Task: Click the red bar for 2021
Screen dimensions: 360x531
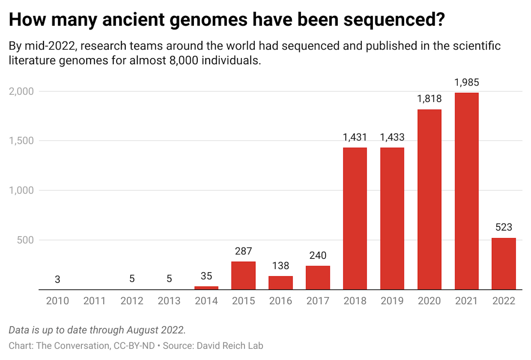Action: [467, 191]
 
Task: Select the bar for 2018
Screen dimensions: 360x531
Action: [355, 219]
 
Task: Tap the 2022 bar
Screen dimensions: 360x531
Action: [504, 264]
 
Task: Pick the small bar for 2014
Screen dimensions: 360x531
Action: [206, 288]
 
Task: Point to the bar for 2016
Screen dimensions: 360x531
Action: [280, 283]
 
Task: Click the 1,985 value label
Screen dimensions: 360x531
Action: [467, 82]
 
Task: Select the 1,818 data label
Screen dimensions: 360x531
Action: [429, 99]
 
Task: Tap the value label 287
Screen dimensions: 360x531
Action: [243, 251]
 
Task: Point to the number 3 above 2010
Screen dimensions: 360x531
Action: [57, 279]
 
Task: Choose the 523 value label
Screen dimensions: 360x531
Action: [504, 227]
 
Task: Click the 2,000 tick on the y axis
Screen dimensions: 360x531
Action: [21, 91]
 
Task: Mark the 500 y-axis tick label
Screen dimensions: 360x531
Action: [25, 240]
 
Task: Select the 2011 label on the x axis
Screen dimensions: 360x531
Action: [95, 301]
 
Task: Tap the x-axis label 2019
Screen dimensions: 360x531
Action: [392, 301]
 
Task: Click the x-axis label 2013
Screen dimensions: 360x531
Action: [169, 301]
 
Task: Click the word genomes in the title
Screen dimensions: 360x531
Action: [209, 20]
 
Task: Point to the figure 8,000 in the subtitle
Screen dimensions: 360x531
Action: [184, 60]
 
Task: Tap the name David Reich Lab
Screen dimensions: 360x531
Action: [230, 346]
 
